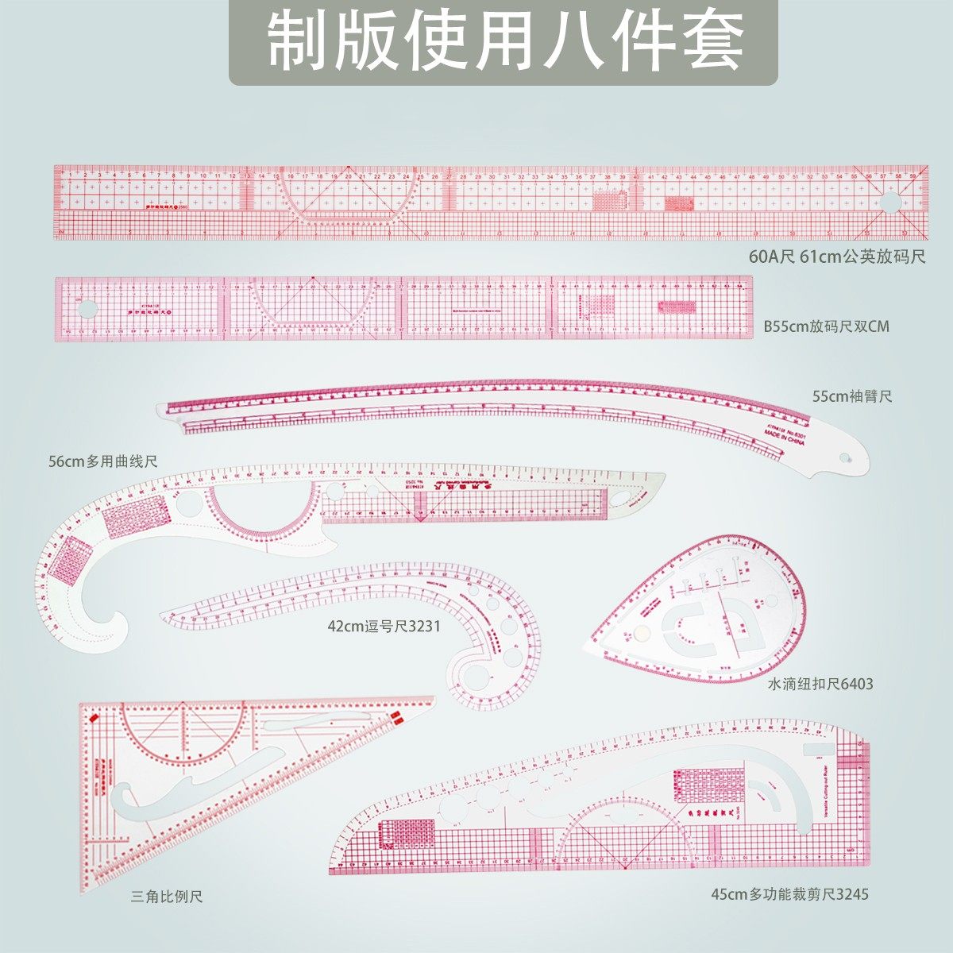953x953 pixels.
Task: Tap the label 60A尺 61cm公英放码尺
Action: click(x=837, y=257)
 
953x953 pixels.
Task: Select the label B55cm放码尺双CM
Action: click(x=827, y=326)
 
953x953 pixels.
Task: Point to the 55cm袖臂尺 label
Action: click(x=852, y=395)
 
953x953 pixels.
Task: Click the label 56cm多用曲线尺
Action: click(x=103, y=461)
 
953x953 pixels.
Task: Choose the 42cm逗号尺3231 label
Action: click(x=384, y=626)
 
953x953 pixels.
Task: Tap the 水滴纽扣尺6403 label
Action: click(x=820, y=683)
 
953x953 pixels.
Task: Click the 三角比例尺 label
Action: click(x=167, y=897)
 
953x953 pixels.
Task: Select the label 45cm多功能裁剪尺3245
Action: click(x=789, y=894)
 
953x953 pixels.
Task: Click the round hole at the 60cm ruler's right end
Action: click(x=891, y=203)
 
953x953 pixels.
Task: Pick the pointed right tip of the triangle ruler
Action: click(x=433, y=700)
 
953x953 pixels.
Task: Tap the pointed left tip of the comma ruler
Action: click(x=162, y=613)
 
